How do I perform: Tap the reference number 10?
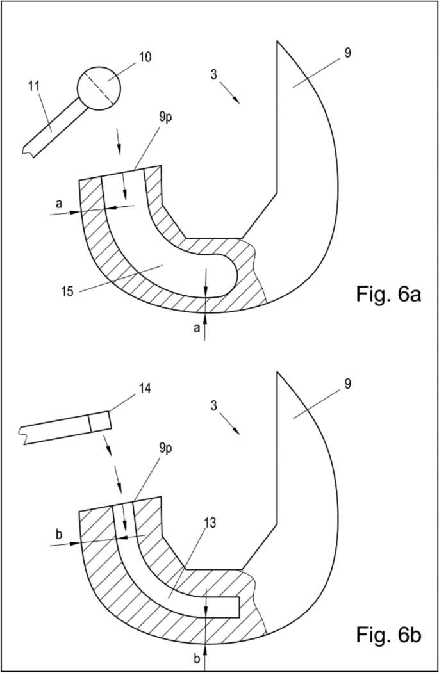pyautogui.click(x=145, y=57)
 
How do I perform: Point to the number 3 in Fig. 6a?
pyautogui.click(x=214, y=74)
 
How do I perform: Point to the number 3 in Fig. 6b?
pyautogui.click(x=214, y=406)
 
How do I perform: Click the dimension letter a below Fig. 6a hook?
pyautogui.click(x=197, y=328)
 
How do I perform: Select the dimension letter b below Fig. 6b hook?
pyautogui.click(x=196, y=657)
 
